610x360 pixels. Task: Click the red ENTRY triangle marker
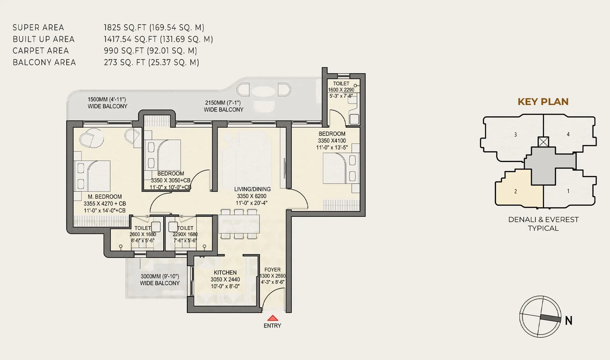click(x=273, y=318)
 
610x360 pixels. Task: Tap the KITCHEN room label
click(x=225, y=273)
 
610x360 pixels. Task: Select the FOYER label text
click(x=272, y=270)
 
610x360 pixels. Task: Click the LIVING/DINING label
click(x=252, y=189)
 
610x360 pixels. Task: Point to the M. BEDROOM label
click(x=105, y=197)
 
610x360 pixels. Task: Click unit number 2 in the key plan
click(x=515, y=191)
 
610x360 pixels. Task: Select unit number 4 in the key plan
click(x=568, y=134)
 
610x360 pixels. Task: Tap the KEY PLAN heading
click(x=543, y=102)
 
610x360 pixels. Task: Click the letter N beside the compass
click(x=569, y=321)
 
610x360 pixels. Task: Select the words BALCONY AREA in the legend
click(x=44, y=63)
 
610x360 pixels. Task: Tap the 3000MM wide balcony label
click(x=160, y=280)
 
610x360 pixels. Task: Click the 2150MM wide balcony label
click(x=223, y=106)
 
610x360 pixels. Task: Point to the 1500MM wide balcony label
click(x=107, y=103)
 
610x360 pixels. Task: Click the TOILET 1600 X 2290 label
click(x=341, y=90)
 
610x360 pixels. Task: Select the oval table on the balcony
click(x=263, y=92)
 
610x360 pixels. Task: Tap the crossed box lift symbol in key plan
click(x=543, y=142)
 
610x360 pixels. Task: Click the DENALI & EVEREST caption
click(x=543, y=220)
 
